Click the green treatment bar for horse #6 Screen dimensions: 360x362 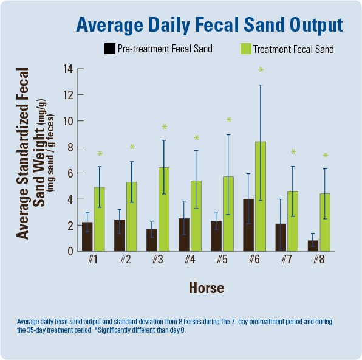point(261,196)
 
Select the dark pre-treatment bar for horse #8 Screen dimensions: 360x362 point(313,245)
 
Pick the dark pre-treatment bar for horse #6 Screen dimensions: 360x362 point(248,224)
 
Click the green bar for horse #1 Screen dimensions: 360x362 point(100,219)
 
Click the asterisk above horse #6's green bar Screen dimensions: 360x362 point(261,71)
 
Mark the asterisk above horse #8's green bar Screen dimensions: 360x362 point(325,156)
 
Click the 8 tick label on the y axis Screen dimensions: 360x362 point(70,147)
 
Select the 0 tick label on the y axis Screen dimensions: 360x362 point(70,251)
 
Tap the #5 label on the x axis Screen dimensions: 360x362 point(222,260)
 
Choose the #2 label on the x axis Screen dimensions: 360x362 point(126,260)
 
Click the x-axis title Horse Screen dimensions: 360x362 point(206,287)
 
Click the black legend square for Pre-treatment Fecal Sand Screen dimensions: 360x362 point(110,49)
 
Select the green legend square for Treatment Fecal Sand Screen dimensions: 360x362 point(246,49)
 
